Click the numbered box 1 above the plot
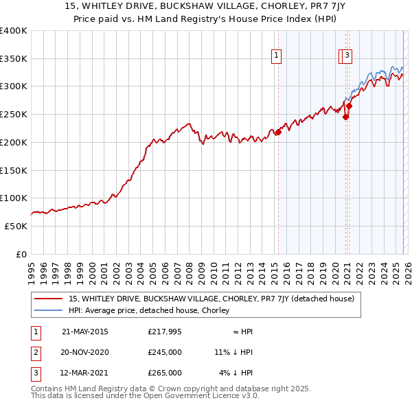point(276,56)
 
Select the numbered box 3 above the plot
point(347,56)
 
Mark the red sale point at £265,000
point(349,106)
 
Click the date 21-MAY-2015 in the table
point(84,332)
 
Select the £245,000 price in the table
point(165,352)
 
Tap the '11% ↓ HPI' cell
point(233,352)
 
